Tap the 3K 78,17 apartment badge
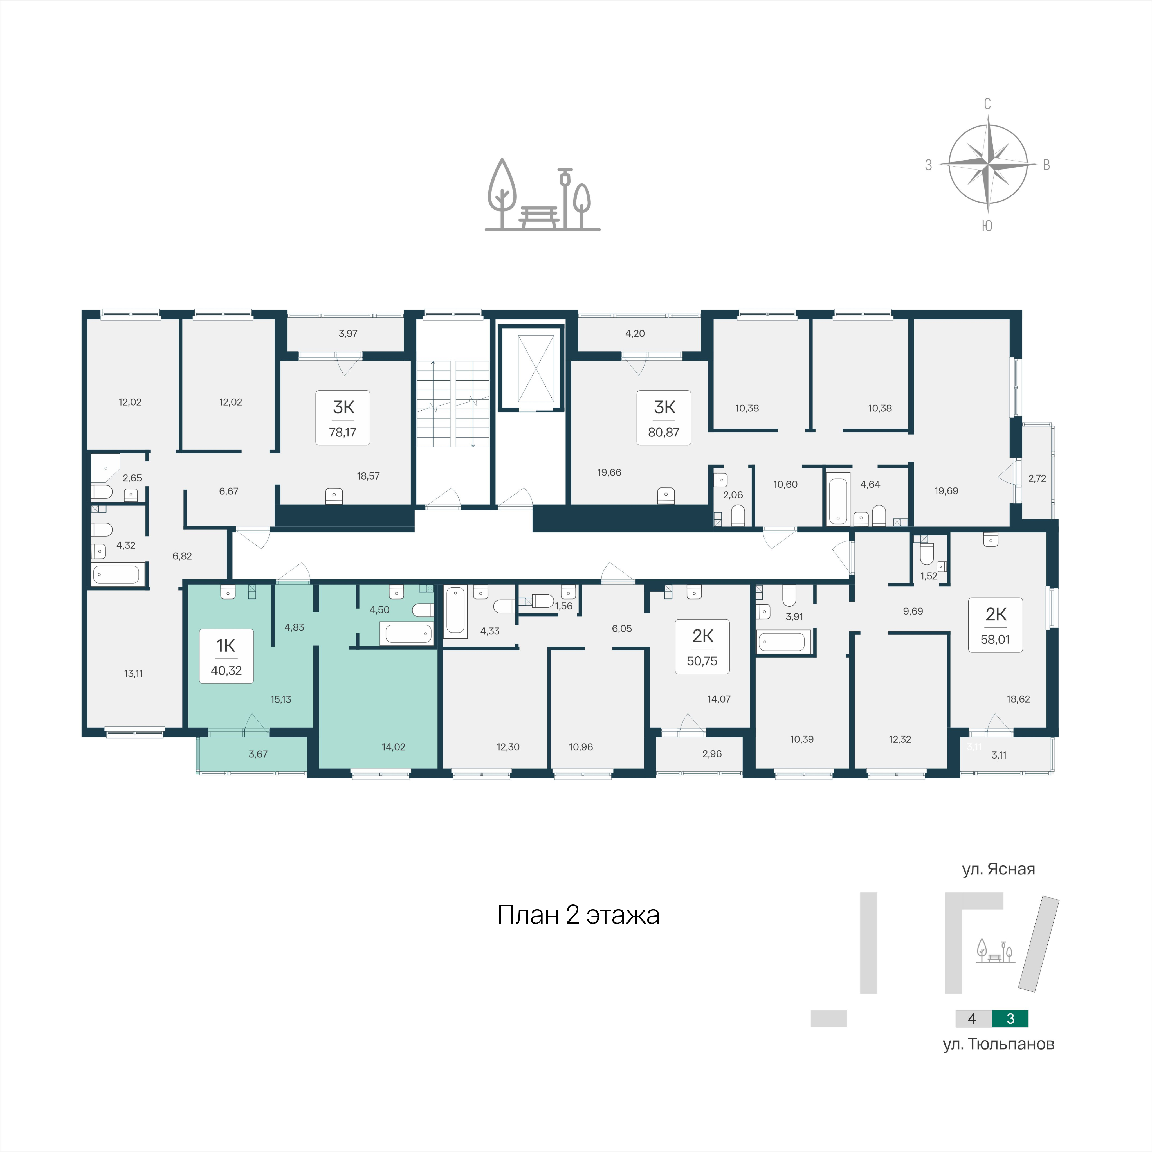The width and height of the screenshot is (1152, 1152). coord(343,418)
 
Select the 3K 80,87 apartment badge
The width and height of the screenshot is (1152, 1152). coord(664,418)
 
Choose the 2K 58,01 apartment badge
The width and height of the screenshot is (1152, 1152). coord(995,625)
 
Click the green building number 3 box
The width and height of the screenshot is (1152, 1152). coord(1010,1018)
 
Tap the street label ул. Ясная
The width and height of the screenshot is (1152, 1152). coord(998,869)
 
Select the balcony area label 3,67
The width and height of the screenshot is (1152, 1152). coord(258,754)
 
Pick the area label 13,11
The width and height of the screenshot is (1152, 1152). coord(134,674)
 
